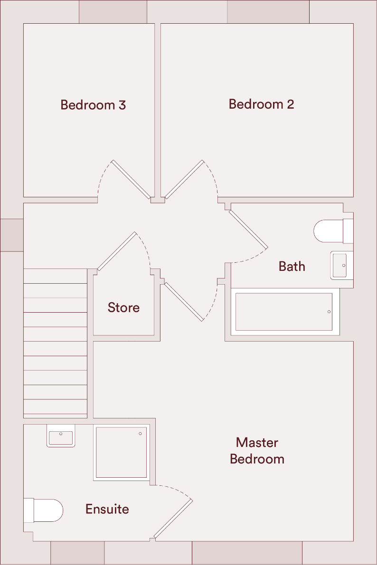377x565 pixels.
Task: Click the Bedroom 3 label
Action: pyautogui.click(x=93, y=105)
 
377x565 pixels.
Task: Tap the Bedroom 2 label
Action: pyautogui.click(x=261, y=104)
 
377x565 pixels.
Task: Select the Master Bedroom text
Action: pyautogui.click(x=257, y=451)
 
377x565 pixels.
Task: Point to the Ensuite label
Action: pyautogui.click(x=107, y=509)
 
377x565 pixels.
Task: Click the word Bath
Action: pyautogui.click(x=292, y=266)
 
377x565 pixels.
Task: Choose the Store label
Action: pyautogui.click(x=123, y=307)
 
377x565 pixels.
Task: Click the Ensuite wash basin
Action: pyautogui.click(x=61, y=437)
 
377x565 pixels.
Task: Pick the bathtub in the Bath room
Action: pyautogui.click(x=284, y=312)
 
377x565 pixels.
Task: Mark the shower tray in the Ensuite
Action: pyautogui.click(x=121, y=452)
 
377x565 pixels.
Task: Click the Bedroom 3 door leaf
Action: pyautogui.click(x=132, y=179)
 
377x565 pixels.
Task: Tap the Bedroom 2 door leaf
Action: pyautogui.click(x=184, y=179)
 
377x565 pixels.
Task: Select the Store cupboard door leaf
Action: pyautogui.click(x=116, y=251)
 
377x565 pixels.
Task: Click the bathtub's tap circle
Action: pyautogui.click(x=329, y=312)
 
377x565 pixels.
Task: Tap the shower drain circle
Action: pyautogui.click(x=140, y=434)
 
